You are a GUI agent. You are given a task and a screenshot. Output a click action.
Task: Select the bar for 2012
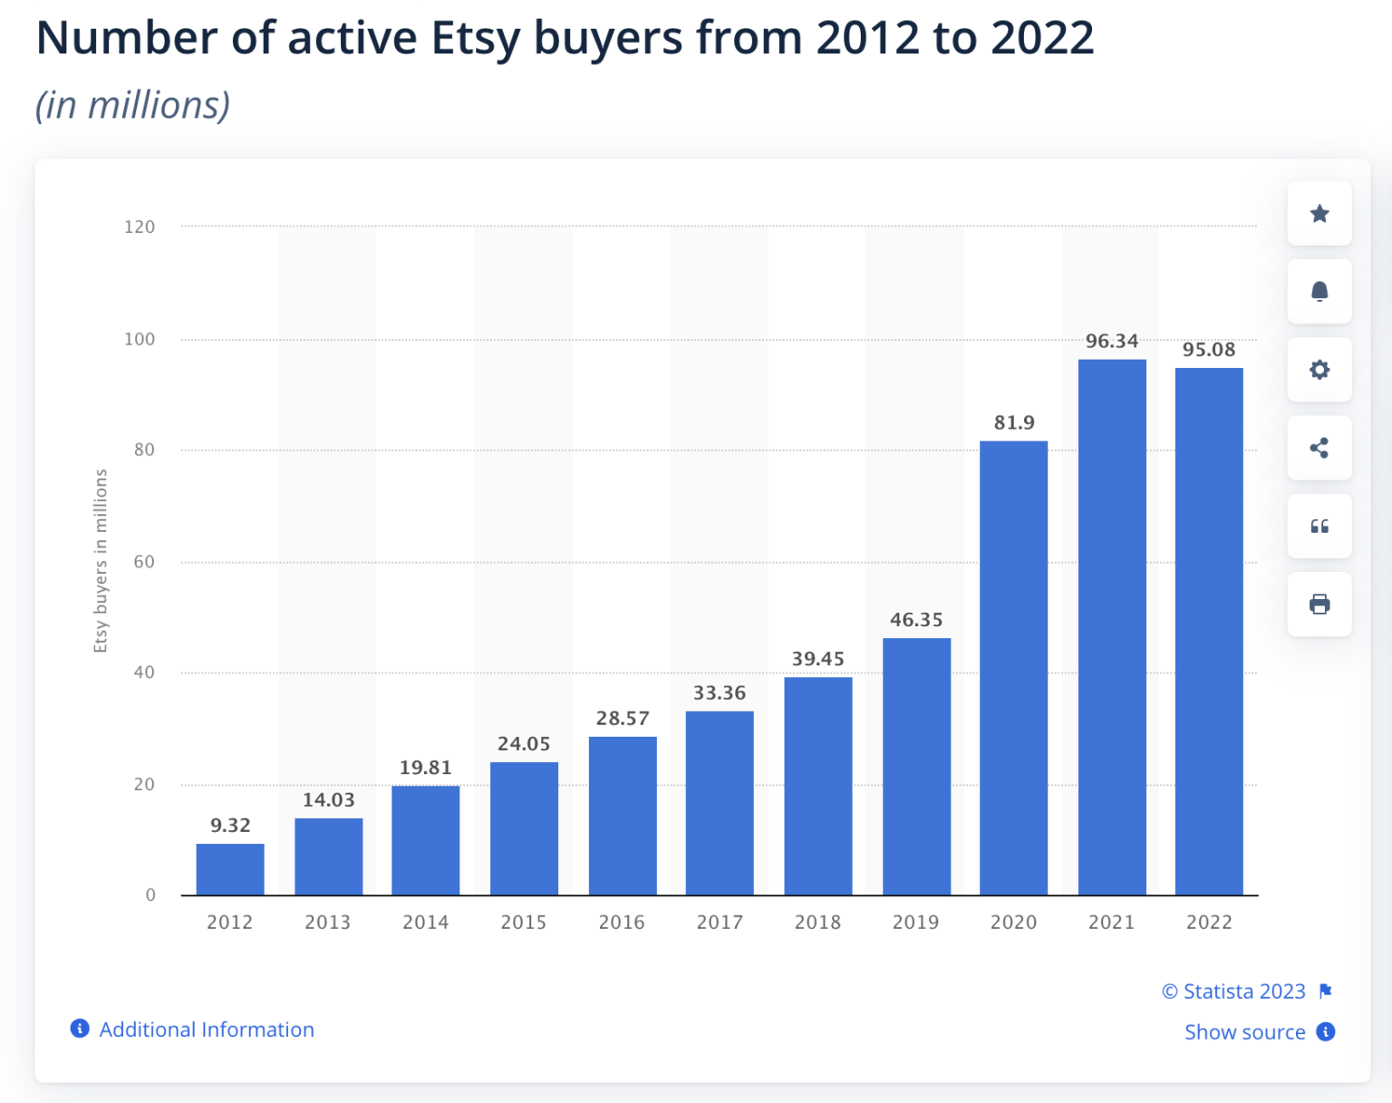[x=230, y=869]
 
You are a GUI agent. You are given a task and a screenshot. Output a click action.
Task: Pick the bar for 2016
[x=623, y=816]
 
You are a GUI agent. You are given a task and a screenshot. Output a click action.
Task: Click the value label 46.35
[x=916, y=620]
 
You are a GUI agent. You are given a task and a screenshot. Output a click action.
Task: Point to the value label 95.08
[x=1209, y=350]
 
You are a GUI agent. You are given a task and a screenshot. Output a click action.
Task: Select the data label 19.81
[x=425, y=768]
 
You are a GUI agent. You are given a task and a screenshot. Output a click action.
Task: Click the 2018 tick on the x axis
[x=817, y=922]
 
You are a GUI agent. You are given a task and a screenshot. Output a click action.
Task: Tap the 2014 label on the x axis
[x=426, y=922]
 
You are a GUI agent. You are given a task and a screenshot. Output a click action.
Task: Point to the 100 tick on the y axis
[x=140, y=339]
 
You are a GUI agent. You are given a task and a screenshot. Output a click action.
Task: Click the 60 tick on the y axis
[x=144, y=562]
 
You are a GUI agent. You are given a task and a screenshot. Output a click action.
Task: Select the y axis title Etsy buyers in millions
[x=101, y=560]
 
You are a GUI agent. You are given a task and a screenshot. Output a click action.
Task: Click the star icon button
[x=1319, y=214]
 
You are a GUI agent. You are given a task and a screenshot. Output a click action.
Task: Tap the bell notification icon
[x=1319, y=292]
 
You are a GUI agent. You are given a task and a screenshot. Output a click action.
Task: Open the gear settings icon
[x=1319, y=370]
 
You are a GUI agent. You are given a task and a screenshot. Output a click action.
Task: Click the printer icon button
[x=1319, y=605]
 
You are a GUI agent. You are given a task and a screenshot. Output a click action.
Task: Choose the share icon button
[x=1319, y=448]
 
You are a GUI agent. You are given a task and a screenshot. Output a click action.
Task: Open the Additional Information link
[x=206, y=1030]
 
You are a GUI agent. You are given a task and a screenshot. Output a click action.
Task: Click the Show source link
[x=1245, y=1032]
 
